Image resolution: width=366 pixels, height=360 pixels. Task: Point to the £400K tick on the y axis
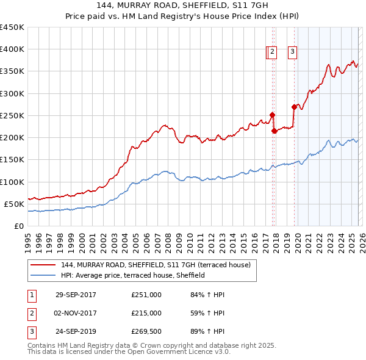(12, 49)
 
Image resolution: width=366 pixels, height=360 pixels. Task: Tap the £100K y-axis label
(12, 182)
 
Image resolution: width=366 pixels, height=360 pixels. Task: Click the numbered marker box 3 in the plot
(292, 52)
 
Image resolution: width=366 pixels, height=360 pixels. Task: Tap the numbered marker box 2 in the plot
(273, 52)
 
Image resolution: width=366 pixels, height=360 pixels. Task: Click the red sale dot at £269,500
(294, 107)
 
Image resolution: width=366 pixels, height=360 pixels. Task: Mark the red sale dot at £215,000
(274, 131)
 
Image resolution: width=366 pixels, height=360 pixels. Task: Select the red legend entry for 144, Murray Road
(159, 265)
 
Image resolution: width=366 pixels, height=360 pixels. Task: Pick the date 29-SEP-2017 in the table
(76, 295)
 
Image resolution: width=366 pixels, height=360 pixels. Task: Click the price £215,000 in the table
(146, 313)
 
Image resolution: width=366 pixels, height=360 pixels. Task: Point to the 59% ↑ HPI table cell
(207, 313)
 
